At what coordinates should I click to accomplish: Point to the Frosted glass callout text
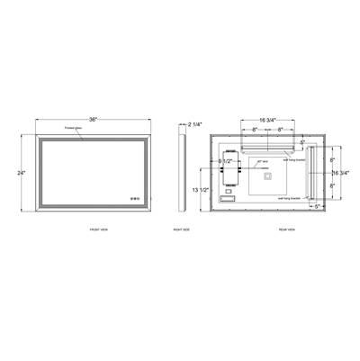[74, 130]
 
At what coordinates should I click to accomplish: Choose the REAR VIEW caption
[275, 230]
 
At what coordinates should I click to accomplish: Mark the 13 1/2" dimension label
[208, 191]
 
